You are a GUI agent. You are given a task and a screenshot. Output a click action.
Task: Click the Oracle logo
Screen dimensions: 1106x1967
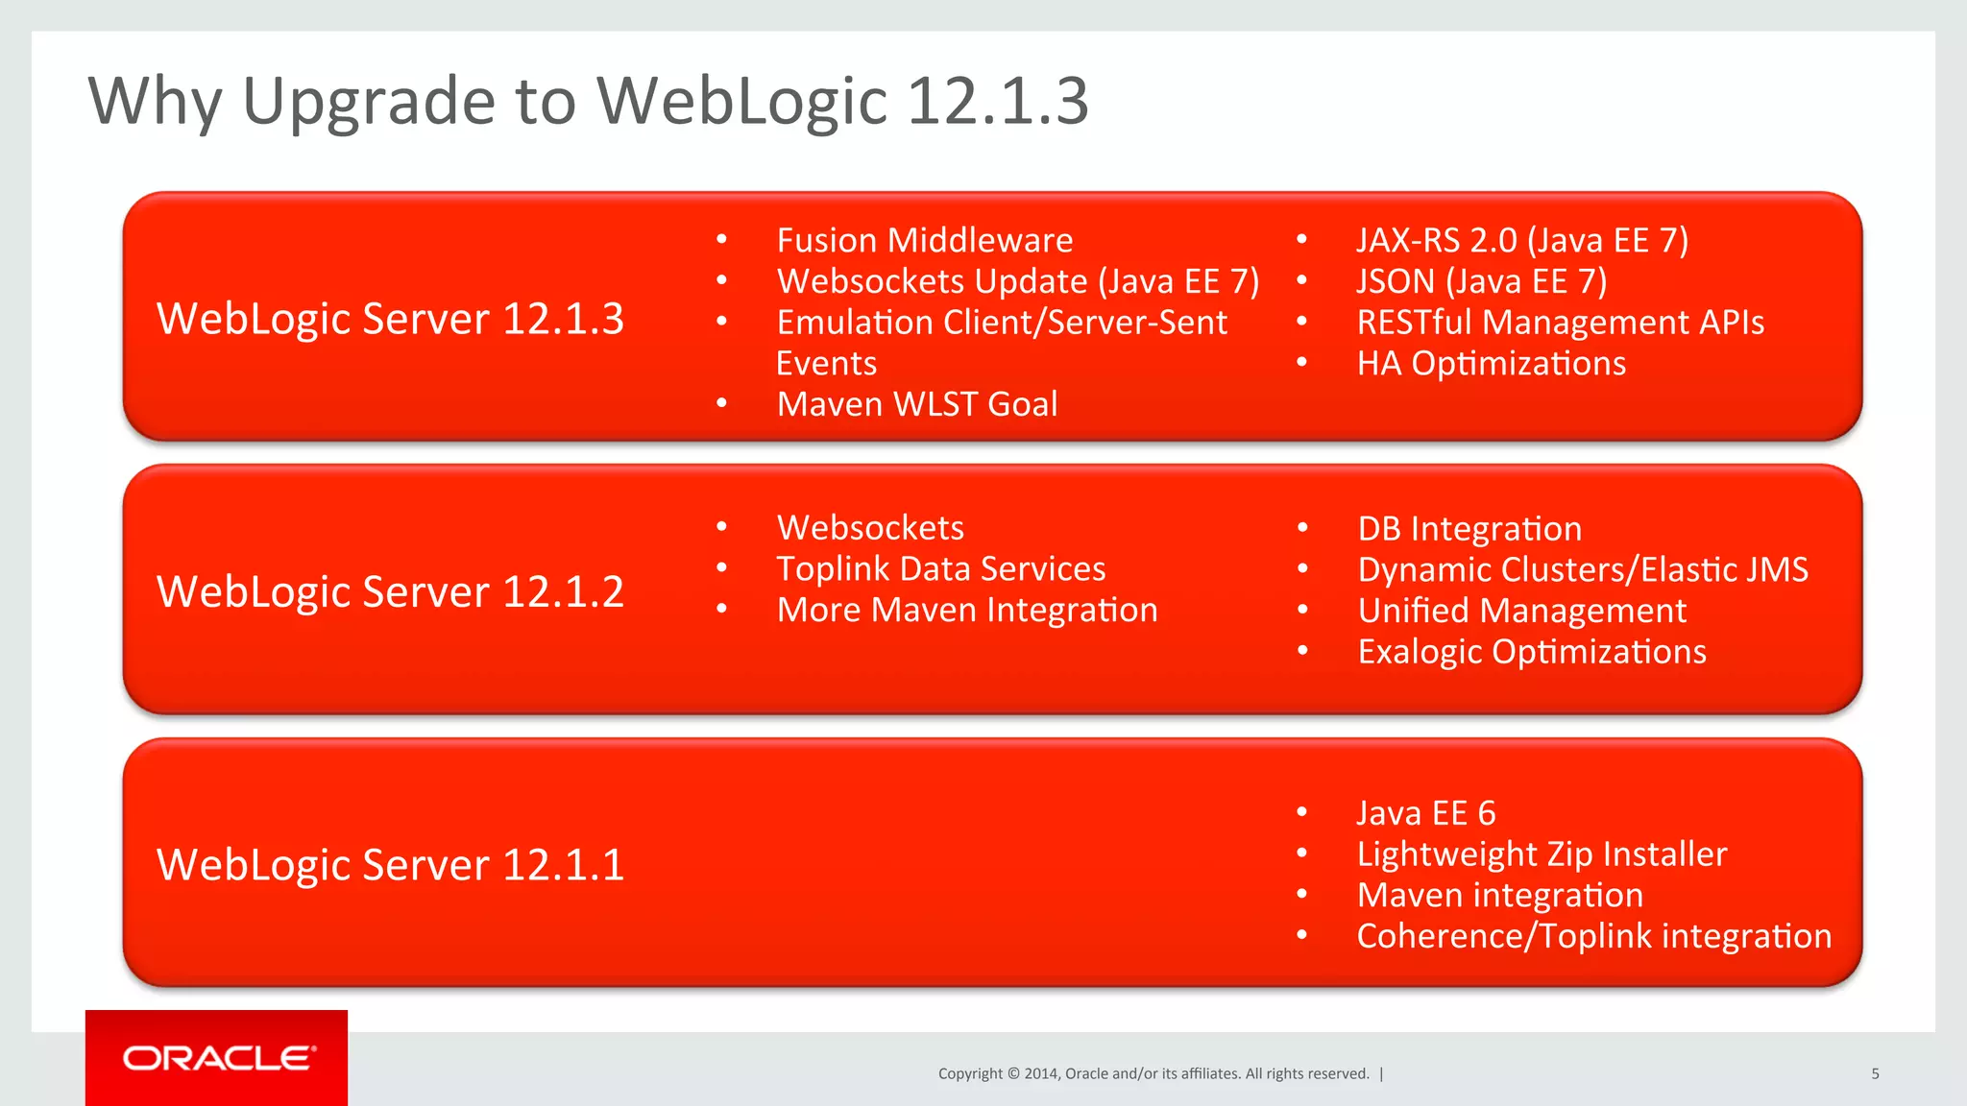tap(217, 1058)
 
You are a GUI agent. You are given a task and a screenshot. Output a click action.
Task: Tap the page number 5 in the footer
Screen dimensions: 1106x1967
tap(1875, 1074)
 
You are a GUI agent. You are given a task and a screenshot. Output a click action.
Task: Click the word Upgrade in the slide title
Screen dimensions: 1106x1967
tap(369, 102)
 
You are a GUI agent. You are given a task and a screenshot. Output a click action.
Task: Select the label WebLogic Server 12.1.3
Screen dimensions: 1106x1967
tap(390, 319)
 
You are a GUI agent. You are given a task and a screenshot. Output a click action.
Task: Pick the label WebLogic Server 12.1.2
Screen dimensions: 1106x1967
tap(390, 591)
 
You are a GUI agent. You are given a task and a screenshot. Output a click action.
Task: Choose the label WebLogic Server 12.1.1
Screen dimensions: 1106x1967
tap(390, 865)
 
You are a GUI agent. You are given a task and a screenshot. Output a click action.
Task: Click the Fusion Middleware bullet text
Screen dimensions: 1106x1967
tap(924, 240)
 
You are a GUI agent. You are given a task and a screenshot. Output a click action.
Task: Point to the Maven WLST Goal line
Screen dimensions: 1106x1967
tap(916, 404)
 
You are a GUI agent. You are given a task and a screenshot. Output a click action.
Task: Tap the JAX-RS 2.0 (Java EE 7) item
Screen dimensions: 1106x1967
tap(1521, 240)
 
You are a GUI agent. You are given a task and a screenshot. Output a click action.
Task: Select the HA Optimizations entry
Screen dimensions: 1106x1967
tap(1491, 364)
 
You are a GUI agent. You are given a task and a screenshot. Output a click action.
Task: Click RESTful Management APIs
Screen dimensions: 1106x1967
tap(1560, 323)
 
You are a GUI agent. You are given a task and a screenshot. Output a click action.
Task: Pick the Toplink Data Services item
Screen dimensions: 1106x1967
tap(940, 569)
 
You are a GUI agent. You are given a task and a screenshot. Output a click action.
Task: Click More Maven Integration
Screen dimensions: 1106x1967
tap(966, 611)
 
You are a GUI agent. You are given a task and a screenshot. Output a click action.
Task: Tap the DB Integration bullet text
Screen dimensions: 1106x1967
tap(1469, 529)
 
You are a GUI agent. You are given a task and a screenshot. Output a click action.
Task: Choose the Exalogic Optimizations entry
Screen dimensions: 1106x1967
tap(1531, 652)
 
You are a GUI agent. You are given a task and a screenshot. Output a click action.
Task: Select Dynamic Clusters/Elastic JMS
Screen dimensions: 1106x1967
tap(1582, 570)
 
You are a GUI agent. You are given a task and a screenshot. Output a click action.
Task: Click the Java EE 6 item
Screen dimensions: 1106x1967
tap(1425, 813)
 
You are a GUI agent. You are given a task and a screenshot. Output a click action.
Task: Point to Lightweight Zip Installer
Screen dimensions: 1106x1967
tap(1541, 854)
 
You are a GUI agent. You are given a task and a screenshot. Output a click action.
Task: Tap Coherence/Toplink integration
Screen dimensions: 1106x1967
tap(1593, 936)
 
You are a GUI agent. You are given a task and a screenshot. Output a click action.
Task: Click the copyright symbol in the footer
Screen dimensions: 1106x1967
tap(1012, 1074)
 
